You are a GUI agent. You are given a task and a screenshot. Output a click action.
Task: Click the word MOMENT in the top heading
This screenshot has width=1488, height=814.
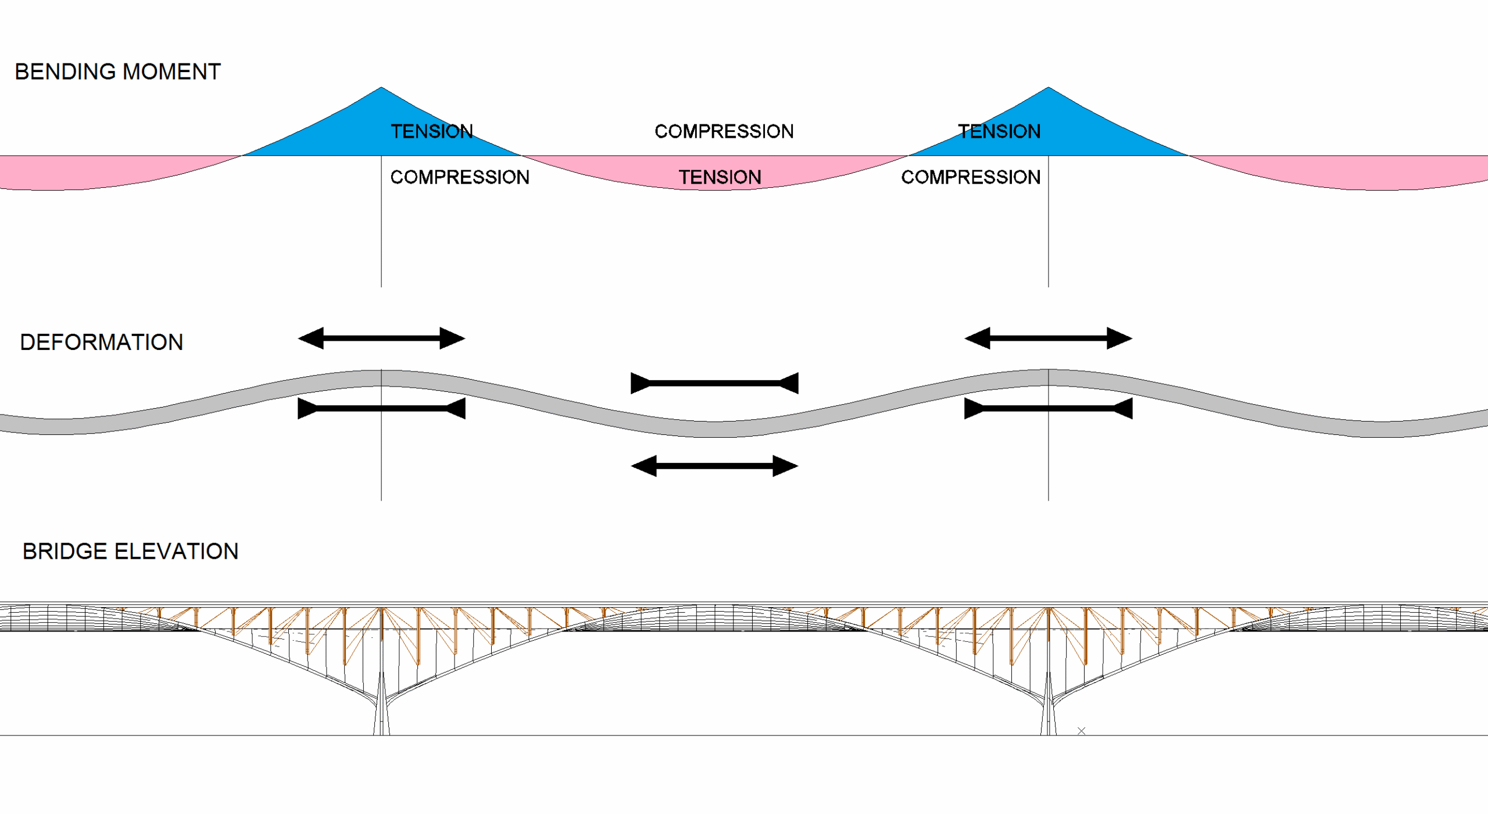[171, 72]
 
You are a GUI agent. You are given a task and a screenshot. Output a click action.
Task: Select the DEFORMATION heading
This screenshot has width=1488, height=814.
[102, 342]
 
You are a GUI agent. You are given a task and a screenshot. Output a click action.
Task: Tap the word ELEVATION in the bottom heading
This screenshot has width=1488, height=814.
[177, 552]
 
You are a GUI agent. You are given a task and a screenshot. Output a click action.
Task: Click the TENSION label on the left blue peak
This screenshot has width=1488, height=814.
[432, 131]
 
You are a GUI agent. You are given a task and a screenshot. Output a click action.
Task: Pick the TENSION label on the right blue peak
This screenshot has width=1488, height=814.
[999, 131]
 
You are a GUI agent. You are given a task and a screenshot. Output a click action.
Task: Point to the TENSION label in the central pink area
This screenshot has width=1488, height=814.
[720, 177]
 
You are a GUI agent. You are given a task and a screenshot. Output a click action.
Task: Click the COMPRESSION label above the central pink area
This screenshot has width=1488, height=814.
[724, 131]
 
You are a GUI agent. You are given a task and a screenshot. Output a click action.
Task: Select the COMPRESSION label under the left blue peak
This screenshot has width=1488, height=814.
[460, 177]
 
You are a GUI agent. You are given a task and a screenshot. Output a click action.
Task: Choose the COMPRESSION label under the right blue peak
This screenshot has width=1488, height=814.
[971, 177]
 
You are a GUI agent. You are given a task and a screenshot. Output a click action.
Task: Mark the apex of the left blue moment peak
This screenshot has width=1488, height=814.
[381, 88]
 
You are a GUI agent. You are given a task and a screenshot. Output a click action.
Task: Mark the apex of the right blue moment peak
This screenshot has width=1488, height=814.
[1049, 88]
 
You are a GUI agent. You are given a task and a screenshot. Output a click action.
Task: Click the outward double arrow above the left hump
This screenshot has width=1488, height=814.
[381, 338]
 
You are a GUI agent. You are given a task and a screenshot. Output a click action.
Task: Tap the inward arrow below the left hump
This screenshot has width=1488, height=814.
[381, 409]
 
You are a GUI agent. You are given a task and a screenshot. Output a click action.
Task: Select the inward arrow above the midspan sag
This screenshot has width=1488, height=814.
[714, 383]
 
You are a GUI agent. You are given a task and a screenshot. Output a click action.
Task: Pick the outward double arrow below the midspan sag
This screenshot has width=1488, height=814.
[714, 466]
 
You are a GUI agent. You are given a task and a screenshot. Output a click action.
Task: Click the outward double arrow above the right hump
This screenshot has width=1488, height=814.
[1049, 338]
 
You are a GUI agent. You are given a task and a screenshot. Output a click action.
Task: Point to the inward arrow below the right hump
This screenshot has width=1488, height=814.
[1049, 409]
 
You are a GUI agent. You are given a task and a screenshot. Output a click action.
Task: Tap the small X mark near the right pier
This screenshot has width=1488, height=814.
[1081, 731]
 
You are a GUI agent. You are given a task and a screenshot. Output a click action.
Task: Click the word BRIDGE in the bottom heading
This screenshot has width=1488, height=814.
[65, 552]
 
